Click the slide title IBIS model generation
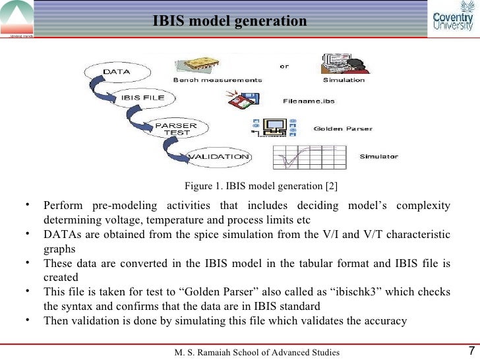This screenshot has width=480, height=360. (229, 21)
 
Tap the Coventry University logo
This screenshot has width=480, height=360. (452, 19)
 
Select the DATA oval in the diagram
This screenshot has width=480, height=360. (116, 71)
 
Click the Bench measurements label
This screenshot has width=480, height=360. (218, 80)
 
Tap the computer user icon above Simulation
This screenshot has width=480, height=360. (343, 65)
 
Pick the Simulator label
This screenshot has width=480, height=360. (378, 157)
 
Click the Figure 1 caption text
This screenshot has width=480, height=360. (261, 185)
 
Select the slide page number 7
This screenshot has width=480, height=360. (471, 351)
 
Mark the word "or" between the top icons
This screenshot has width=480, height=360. (284, 66)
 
